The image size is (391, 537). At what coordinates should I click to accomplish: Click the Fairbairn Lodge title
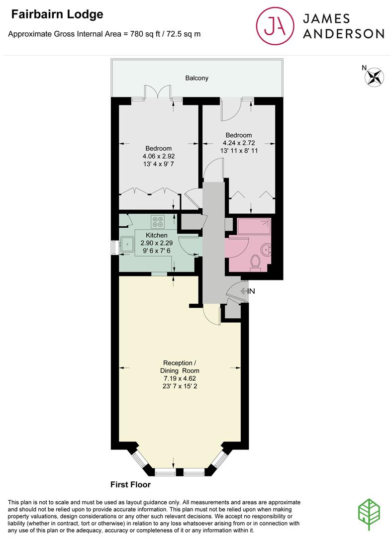coord(57,14)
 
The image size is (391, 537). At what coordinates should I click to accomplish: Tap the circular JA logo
coord(275,26)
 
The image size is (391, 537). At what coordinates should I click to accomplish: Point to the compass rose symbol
coord(374,77)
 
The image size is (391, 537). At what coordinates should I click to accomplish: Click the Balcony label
coord(196,78)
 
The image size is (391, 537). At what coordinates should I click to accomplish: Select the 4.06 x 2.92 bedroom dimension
coord(159,156)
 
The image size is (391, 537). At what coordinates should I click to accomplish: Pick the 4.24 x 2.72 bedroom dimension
coord(239,143)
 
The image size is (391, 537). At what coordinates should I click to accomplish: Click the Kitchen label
coord(157,235)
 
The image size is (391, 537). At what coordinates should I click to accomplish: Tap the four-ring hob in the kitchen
coord(158,222)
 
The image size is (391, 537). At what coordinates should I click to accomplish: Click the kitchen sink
coord(127,245)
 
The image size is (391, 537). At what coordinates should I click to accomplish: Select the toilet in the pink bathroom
coord(255,263)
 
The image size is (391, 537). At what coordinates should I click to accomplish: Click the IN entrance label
coord(251,291)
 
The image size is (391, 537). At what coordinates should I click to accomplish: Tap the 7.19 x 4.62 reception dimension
coord(180,378)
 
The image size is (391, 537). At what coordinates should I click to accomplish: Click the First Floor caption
coord(130,485)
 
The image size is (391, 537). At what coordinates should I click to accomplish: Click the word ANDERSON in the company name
coord(343,34)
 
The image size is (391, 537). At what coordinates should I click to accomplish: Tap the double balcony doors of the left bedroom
coord(157,92)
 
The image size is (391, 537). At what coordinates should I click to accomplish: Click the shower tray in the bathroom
coord(254,226)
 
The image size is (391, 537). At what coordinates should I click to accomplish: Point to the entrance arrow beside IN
coord(244,291)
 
